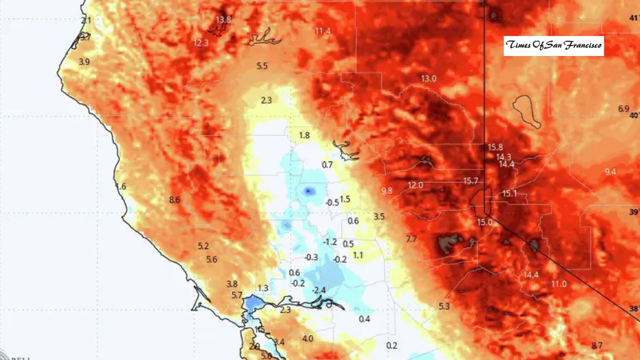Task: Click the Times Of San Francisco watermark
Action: (553, 45)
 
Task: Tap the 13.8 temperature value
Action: (223, 19)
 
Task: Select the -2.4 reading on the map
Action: (319, 290)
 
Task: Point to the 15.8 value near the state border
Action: (495, 147)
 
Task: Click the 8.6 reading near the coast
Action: (174, 200)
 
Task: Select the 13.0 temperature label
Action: (428, 78)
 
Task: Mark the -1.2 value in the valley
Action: (330, 242)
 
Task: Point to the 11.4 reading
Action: (322, 31)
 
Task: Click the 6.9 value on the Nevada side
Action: (623, 108)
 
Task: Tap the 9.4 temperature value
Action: (610, 172)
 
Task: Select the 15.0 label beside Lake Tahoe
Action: (484, 222)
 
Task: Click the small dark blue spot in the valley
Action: (308, 190)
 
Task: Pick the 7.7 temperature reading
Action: (411, 239)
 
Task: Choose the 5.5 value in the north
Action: (262, 66)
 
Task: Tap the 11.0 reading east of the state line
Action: (558, 284)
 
